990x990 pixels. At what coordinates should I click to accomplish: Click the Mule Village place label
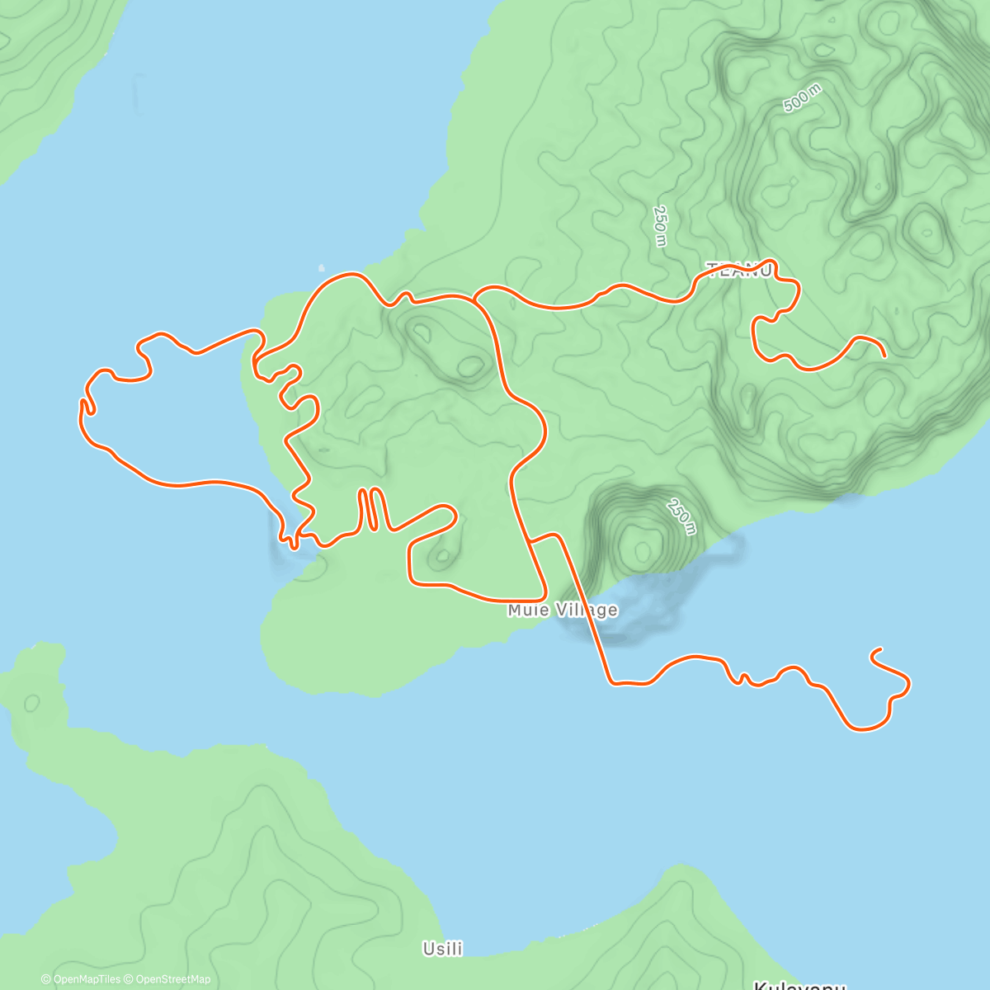pos(562,610)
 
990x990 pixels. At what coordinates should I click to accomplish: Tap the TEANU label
pos(739,271)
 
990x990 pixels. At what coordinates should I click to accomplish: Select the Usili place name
pos(442,949)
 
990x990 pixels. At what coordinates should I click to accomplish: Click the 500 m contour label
pos(802,100)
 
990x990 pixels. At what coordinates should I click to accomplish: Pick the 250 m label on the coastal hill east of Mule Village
pos(682,517)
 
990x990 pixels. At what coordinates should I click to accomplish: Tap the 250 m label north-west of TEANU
pos(659,225)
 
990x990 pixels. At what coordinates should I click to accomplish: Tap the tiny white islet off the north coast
pos(322,267)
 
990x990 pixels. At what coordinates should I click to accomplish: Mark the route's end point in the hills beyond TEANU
pos(884,356)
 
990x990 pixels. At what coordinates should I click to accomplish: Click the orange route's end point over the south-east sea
pos(873,653)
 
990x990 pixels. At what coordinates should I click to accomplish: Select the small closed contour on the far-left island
pos(32,704)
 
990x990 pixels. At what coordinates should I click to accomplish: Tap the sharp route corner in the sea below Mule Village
pos(611,682)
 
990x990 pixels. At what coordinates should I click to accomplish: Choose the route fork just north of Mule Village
pos(530,540)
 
